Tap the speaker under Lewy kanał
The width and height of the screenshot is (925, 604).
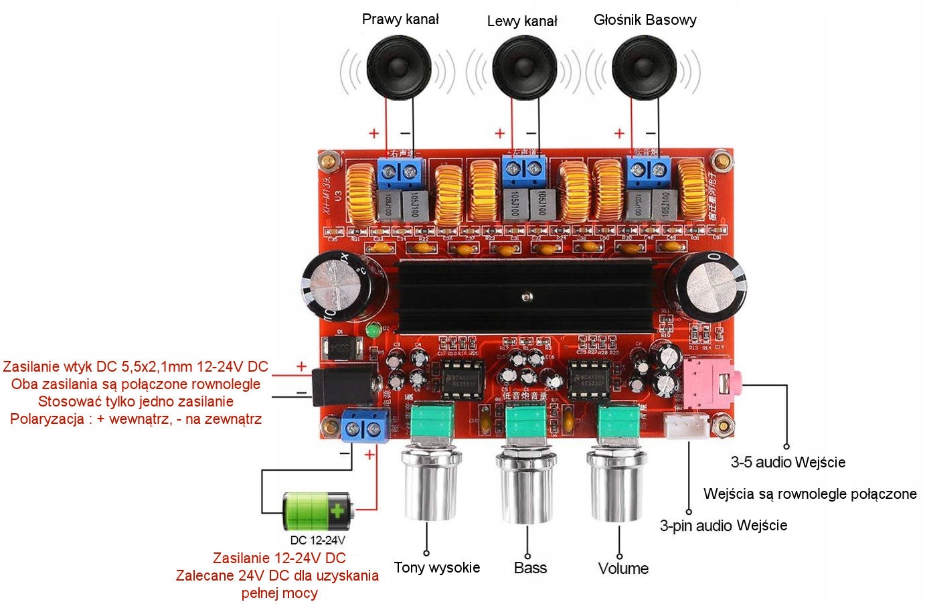[x=524, y=68]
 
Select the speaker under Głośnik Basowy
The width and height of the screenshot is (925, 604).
[x=644, y=68]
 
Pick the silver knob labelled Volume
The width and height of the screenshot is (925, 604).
[x=616, y=485]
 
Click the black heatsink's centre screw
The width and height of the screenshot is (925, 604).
[x=527, y=296]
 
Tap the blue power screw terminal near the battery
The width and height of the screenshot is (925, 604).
[x=365, y=426]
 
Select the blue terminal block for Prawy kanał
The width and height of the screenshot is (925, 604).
[x=401, y=172]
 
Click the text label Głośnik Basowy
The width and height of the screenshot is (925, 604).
[x=645, y=20]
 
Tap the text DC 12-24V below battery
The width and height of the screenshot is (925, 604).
[x=317, y=540]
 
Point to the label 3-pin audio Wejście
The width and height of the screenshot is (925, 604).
[x=723, y=526]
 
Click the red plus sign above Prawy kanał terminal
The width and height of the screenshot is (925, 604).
[x=373, y=133]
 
